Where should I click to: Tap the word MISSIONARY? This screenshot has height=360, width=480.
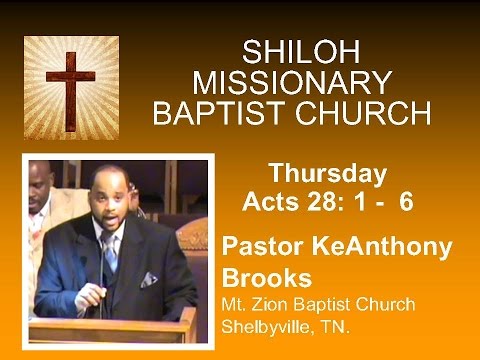pos(291,82)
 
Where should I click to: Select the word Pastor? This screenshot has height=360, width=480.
pos(259,247)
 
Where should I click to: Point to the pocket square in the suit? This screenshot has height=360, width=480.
pos(148,279)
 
